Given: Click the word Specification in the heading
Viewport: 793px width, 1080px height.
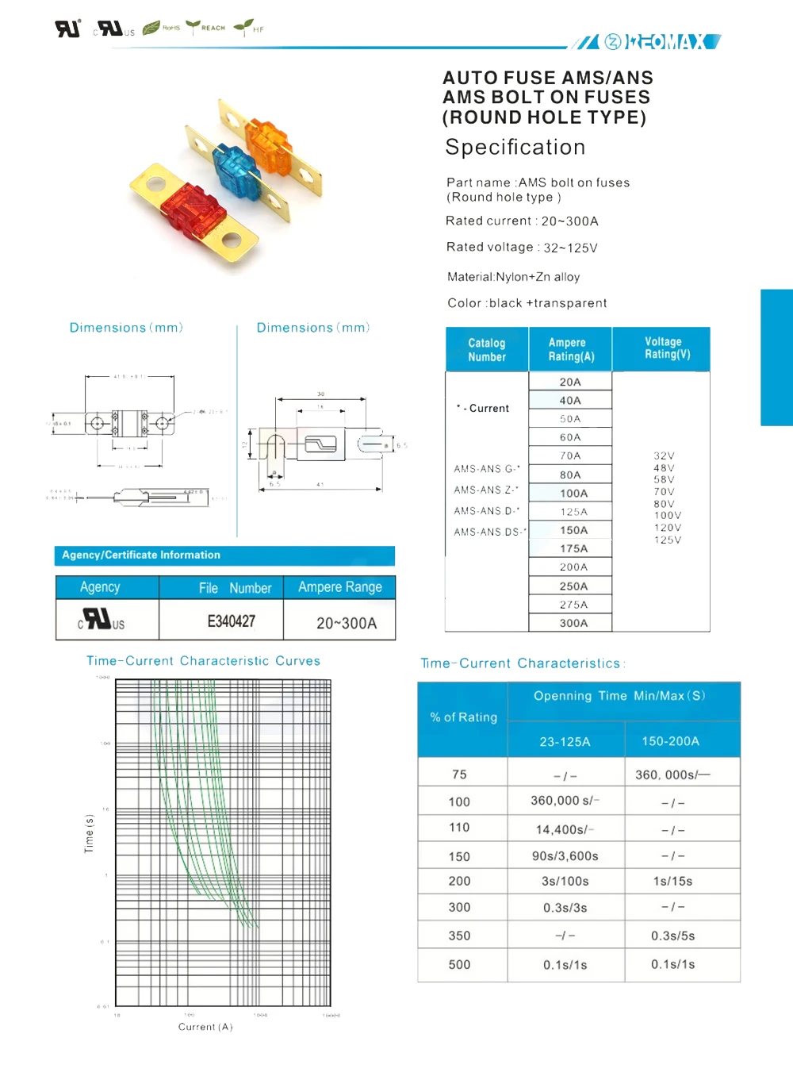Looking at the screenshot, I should point(515,148).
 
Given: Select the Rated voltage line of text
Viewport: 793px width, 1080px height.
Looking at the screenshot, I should point(522,248).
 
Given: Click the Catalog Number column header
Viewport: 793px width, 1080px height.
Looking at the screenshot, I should point(487,350).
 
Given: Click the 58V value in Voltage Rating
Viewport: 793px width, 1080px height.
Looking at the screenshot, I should point(665,479).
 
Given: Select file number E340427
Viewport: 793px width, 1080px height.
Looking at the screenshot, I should point(231,621).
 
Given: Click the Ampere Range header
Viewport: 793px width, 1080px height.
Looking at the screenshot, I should point(339,587).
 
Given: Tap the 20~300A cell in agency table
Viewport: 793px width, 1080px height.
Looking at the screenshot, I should point(347,623).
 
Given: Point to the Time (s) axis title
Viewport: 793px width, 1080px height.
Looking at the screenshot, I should point(89,834).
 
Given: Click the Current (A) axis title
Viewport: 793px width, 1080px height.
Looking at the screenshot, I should point(205,1027).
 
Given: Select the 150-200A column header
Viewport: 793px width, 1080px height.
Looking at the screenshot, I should point(670,741).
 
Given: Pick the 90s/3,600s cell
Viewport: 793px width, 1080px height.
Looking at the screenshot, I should point(565,856).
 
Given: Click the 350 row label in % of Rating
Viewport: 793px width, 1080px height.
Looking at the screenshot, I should point(459,936).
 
